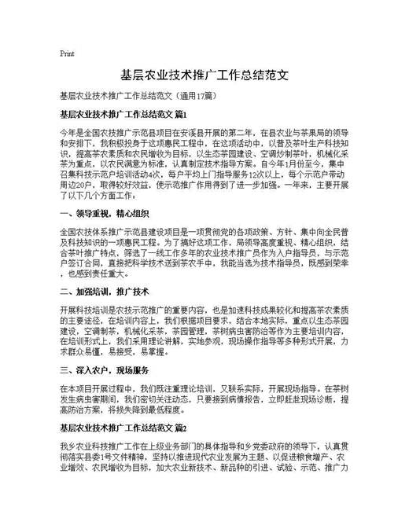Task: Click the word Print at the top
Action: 67,53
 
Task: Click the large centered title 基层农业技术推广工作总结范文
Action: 204,76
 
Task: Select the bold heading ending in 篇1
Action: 122,115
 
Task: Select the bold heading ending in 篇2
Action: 122,428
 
